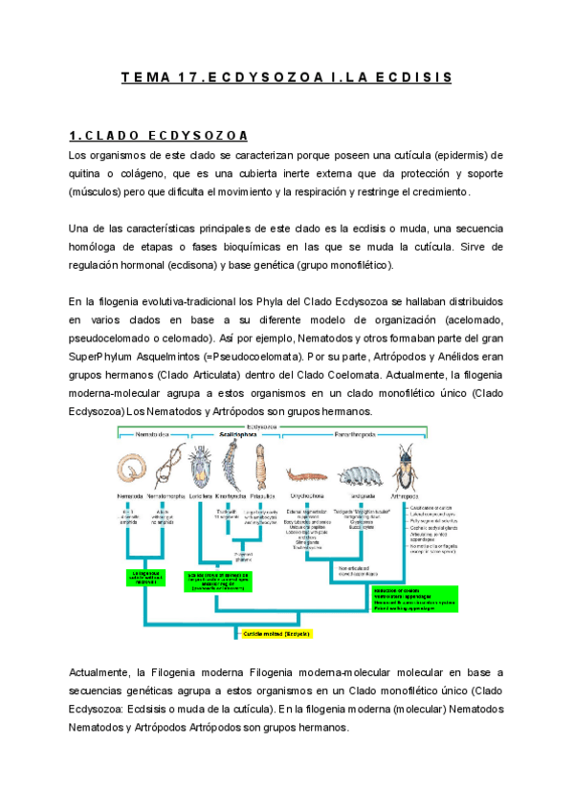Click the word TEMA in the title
(x=144, y=77)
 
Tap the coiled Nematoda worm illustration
(x=130, y=469)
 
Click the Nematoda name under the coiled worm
(x=130, y=496)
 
